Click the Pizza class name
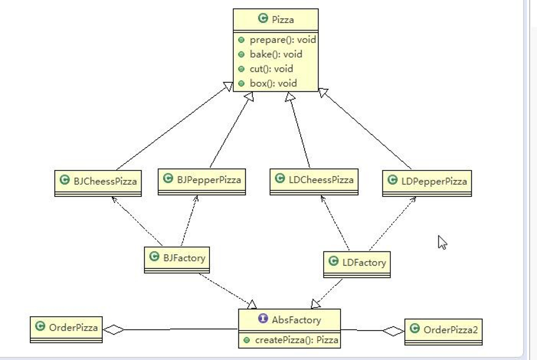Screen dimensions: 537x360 [x=283, y=19]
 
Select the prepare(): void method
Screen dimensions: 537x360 [x=283, y=40]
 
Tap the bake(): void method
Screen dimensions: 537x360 [x=276, y=54]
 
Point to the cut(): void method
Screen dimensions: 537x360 [x=271, y=69]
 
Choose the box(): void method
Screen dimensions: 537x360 [x=273, y=83]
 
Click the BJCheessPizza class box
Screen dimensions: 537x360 [x=98, y=183]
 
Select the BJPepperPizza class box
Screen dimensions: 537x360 [x=202, y=182]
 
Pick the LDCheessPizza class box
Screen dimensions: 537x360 [x=314, y=182]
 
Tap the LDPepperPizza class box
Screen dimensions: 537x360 [x=427, y=183]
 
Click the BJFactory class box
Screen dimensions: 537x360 [x=177, y=260]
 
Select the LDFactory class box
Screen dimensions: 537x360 [x=357, y=265]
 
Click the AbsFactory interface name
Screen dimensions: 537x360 [x=297, y=320]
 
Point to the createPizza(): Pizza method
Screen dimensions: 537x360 [x=297, y=340]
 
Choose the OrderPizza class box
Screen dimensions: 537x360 [x=66, y=329]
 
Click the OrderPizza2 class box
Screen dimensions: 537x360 [x=444, y=332]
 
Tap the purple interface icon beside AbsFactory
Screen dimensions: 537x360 [x=263, y=318]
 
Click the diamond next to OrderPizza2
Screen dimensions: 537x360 [x=394, y=331]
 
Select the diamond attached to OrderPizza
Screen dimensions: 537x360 [x=113, y=329]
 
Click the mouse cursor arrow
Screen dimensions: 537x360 [x=442, y=242]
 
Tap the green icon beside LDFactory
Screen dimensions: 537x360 [x=333, y=261]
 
